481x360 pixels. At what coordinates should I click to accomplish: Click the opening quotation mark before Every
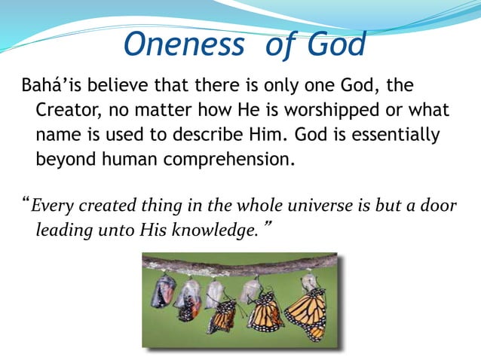coord(26,203)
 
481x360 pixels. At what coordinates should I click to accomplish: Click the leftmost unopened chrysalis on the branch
coord(163,291)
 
